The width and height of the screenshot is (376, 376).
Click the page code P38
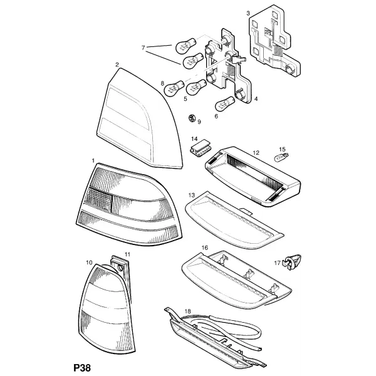pos(82,367)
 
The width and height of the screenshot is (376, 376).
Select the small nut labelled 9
pos(192,118)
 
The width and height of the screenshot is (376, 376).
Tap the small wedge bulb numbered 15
pos(281,157)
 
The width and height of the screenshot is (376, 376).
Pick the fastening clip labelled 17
pos(292,262)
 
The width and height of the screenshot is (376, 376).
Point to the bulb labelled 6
pos(225,103)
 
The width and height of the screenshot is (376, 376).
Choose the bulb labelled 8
pos(174,88)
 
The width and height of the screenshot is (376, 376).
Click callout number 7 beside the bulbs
pos(143,48)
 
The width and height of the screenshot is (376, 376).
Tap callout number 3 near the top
pos(248,13)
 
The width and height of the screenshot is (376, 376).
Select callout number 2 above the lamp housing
pos(117,65)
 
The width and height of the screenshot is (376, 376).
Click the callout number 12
pos(256,153)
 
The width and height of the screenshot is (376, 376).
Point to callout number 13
pos(192,195)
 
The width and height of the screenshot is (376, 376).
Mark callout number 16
pos(204,248)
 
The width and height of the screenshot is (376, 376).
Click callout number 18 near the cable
pos(188,311)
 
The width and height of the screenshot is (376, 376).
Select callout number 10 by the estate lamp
pos(89,263)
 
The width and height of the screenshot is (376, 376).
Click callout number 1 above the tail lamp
pos(93,160)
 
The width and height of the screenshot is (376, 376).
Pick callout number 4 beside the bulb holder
pos(256,98)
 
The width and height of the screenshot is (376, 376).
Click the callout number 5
pos(185,98)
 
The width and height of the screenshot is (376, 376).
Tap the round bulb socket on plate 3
pos(290,70)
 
